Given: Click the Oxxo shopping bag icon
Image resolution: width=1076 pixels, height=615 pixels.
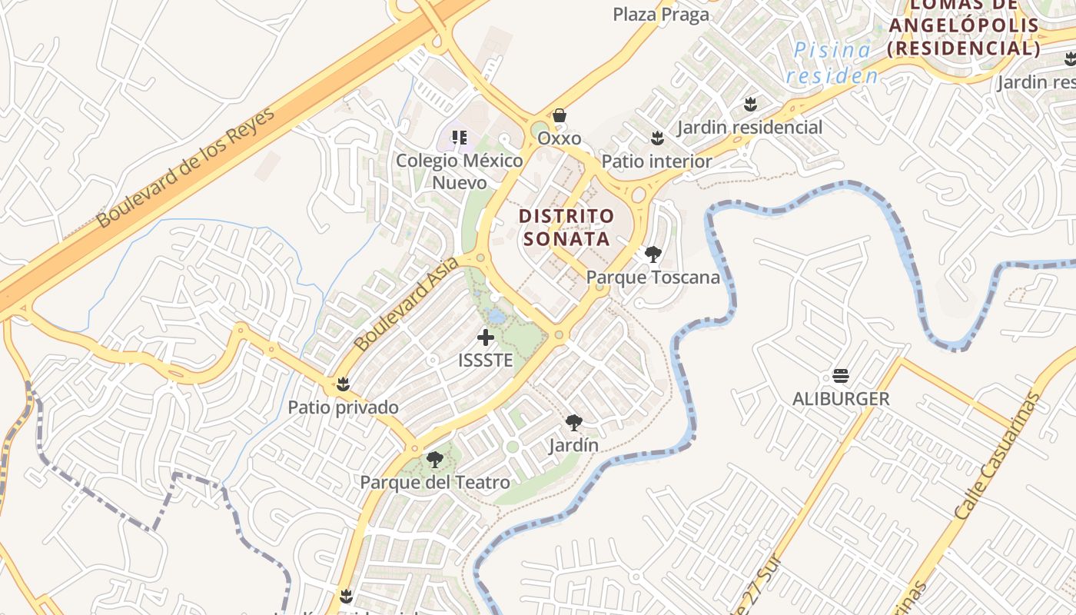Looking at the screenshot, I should click(x=560, y=115).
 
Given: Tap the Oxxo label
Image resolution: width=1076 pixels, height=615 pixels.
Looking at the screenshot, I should click(x=559, y=138).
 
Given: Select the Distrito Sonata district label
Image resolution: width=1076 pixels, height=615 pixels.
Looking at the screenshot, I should click(x=567, y=227).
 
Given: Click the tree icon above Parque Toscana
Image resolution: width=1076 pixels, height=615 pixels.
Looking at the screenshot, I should click(x=653, y=254).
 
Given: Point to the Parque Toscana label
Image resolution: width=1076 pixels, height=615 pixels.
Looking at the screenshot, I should click(x=653, y=278).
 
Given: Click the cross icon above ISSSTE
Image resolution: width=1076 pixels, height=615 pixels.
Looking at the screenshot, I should click(x=486, y=337).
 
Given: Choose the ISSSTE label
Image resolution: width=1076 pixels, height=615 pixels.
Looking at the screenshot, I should click(x=485, y=360).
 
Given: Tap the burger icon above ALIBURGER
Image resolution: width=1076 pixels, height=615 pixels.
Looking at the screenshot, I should click(x=841, y=376).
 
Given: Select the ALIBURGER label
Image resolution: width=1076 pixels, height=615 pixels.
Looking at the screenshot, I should click(x=841, y=399).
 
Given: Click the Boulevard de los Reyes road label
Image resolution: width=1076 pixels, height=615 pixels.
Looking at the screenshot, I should click(x=186, y=168).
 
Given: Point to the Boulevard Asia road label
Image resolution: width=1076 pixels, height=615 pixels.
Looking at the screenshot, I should click(x=407, y=304).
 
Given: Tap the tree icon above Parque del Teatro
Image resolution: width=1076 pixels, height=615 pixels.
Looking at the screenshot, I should click(x=435, y=460).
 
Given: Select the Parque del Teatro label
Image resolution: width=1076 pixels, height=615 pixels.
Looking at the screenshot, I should click(x=435, y=483).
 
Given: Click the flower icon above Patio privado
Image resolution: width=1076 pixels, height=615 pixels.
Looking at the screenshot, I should click(x=343, y=384).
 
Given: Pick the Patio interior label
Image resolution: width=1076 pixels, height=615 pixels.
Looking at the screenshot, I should click(x=656, y=161).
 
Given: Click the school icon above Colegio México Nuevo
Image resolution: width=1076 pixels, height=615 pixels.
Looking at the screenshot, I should click(x=460, y=138).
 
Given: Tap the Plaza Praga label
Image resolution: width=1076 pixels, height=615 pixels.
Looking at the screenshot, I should click(x=660, y=15).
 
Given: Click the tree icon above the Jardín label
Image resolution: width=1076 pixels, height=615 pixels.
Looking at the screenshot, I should click(x=573, y=422).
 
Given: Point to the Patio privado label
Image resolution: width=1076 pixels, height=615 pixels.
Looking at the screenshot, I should click(x=343, y=407).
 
